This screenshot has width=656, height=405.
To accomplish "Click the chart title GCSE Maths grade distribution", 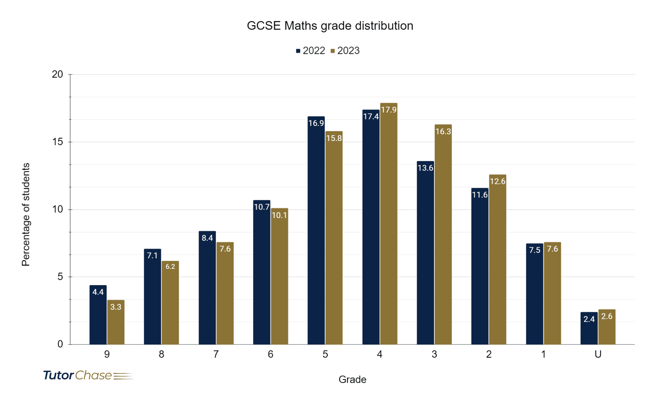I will [x=330, y=26].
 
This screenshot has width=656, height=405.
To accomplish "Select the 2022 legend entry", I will [x=310, y=51].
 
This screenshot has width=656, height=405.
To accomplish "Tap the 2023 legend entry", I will [x=345, y=51].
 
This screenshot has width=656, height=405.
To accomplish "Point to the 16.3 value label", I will [x=443, y=131].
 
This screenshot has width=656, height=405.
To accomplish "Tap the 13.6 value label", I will [x=425, y=168].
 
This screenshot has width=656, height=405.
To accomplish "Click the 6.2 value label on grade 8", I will [x=170, y=267].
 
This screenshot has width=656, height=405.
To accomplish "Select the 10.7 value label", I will [x=262, y=207].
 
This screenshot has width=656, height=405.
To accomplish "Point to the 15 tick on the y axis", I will [x=58, y=142].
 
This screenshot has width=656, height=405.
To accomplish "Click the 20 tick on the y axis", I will [x=58, y=74].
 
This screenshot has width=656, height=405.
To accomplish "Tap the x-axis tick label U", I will [x=598, y=354].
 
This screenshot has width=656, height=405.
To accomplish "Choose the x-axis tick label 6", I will [x=270, y=354].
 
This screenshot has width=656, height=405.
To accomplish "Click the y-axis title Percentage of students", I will [x=26, y=214].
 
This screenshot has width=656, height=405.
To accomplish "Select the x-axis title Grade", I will [x=352, y=379].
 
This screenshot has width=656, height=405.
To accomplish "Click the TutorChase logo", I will [x=88, y=375].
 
